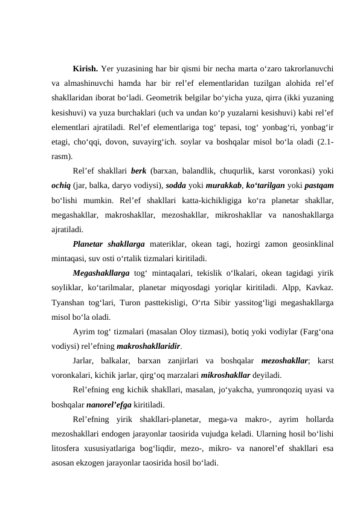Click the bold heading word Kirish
click(x=86, y=68)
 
